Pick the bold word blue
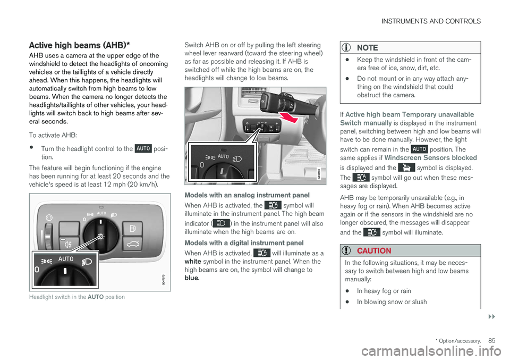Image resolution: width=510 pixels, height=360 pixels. tap(192, 278)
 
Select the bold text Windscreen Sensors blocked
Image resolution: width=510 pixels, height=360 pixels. tap(431, 158)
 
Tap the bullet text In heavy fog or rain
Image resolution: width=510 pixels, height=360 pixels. tap(384, 291)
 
